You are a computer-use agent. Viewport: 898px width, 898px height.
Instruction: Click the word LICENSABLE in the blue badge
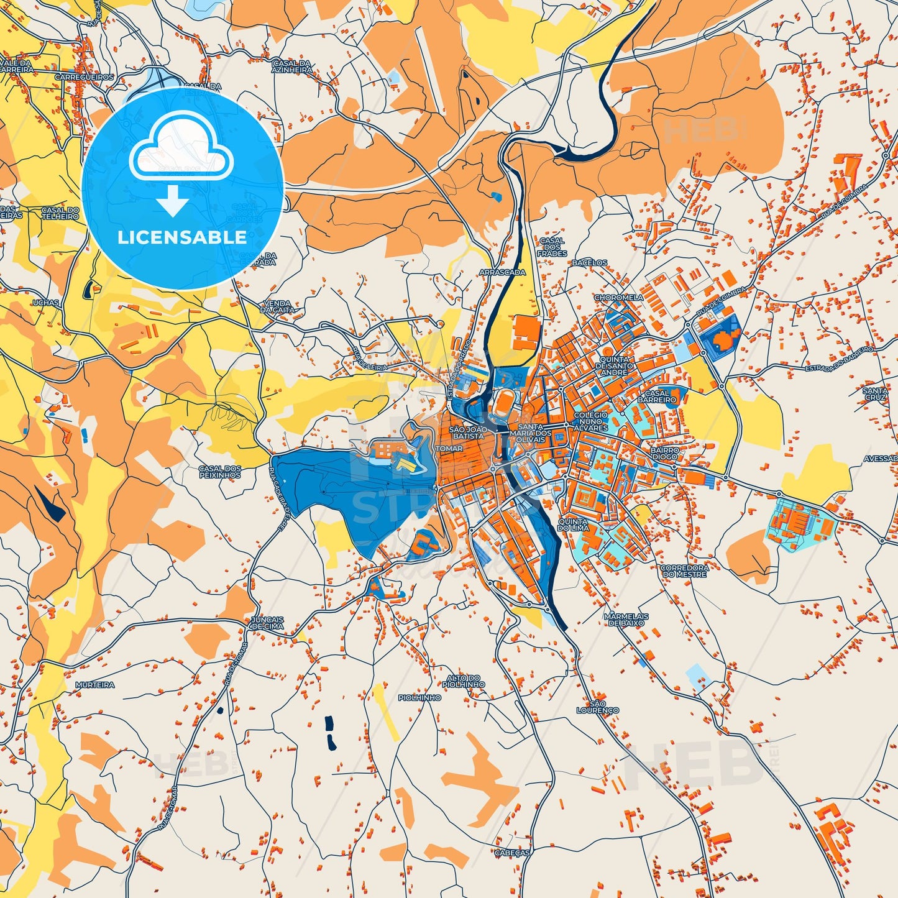pos(182,237)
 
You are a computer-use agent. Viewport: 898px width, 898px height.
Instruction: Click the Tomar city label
pos(449,448)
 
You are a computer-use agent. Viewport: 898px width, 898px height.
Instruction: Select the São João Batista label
pos(467,433)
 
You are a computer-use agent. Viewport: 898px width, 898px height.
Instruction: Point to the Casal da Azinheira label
pos(291,66)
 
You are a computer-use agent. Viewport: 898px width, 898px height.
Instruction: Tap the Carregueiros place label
pos(85,77)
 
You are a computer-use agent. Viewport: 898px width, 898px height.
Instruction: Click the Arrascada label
pos(502,272)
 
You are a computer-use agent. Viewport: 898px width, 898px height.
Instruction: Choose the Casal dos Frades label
pos(552,247)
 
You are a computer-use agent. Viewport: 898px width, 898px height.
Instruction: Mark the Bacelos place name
pos(589,263)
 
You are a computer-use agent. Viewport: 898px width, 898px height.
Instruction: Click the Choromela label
pos(618,298)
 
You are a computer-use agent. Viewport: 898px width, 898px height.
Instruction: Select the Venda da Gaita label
pos(276,306)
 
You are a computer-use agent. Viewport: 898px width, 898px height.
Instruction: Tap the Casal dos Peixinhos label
pos(220,472)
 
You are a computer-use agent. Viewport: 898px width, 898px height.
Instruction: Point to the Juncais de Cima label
pos(267,623)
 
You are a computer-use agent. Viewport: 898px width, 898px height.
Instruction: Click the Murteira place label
pos(95,684)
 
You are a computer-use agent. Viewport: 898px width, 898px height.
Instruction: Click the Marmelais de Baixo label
pos(626,619)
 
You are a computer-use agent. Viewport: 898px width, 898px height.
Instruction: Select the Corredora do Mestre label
pos(684,570)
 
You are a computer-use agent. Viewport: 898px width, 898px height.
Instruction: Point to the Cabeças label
pos(512,853)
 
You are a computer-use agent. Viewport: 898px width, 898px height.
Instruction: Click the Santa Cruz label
pos(875,393)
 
